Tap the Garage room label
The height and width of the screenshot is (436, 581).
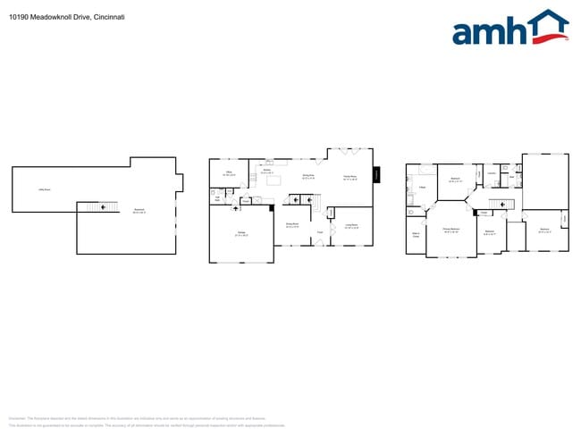click(x=241, y=234)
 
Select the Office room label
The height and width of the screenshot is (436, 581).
click(x=229, y=173)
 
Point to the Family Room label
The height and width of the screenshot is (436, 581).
click(x=350, y=177)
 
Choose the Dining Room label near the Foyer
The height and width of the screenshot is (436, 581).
click(x=291, y=226)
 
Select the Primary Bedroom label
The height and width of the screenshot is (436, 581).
click(x=450, y=230)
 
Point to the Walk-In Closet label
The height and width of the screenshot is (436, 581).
click(x=416, y=237)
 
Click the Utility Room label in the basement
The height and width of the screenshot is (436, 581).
click(x=43, y=189)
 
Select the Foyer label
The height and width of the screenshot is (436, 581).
click(x=319, y=232)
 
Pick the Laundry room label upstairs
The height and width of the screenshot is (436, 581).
click(x=492, y=173)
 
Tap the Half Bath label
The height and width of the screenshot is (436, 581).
click(x=216, y=199)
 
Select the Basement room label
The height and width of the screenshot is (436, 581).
click(x=139, y=211)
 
